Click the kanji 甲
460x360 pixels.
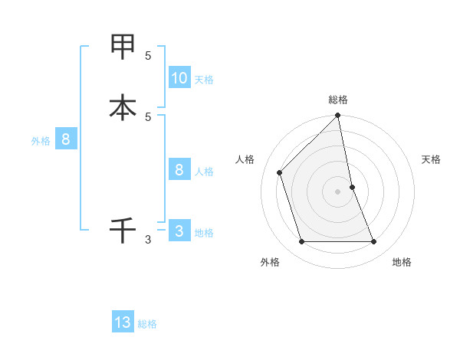(123, 47)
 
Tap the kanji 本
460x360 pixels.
(123, 107)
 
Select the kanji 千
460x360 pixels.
(123, 230)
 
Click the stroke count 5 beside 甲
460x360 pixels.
(148, 56)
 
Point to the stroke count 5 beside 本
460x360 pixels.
(148, 116)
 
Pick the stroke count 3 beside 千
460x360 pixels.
(148, 240)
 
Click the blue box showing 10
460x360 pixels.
(179, 77)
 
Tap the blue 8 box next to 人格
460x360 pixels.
(179, 170)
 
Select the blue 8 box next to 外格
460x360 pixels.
(66, 139)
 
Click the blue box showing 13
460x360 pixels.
(123, 322)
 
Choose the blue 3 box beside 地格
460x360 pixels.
(179, 231)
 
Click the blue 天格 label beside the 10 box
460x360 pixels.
(204, 80)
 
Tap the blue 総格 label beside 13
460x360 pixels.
(147, 324)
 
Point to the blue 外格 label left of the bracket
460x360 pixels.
(40, 141)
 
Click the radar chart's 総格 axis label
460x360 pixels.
(338, 100)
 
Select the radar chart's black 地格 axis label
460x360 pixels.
(402, 262)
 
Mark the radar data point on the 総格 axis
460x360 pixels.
(338, 116)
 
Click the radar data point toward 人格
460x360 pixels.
(280, 172)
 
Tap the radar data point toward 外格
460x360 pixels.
(302, 242)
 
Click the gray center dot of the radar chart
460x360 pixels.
(338, 191)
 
